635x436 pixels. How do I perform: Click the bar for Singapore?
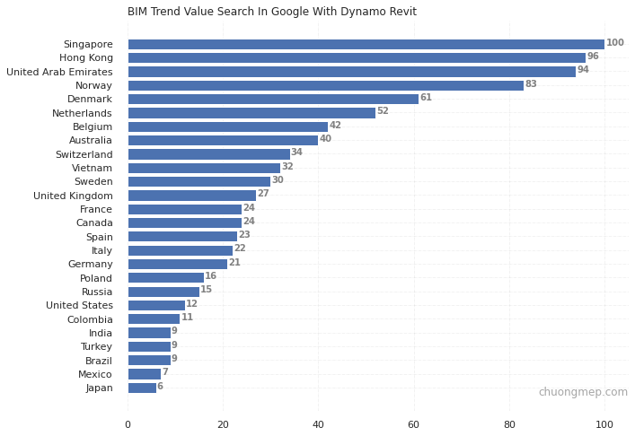(x=366, y=44)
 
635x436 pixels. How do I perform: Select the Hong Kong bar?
(x=357, y=57)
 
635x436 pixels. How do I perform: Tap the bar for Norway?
(x=325, y=85)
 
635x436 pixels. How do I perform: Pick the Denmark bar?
(x=273, y=99)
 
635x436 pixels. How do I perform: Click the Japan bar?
(x=142, y=388)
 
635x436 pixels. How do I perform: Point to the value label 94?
(x=583, y=70)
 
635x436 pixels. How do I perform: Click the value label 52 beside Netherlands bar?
(x=383, y=111)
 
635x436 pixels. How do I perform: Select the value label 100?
(x=614, y=43)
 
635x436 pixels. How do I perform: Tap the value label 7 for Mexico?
(x=165, y=372)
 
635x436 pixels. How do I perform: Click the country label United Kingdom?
(x=73, y=196)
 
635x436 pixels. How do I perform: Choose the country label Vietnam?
(x=93, y=168)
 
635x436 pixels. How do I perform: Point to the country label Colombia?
(x=90, y=319)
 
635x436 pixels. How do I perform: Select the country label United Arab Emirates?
(x=59, y=72)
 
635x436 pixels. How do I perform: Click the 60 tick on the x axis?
(x=413, y=424)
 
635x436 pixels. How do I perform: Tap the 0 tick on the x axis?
(x=128, y=424)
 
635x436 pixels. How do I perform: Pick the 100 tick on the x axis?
(x=604, y=424)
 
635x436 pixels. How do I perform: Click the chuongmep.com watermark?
(x=583, y=392)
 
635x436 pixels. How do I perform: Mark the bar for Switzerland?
(x=208, y=154)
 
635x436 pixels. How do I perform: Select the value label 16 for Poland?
(x=211, y=276)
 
